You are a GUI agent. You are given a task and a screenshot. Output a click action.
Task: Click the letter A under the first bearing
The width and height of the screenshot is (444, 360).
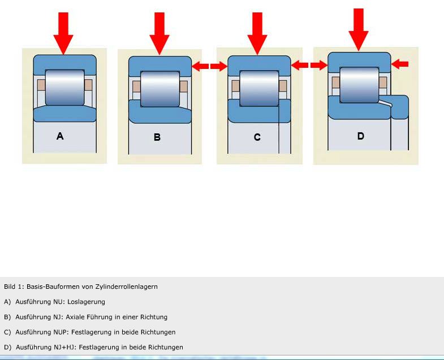pyautogui.click(x=60, y=136)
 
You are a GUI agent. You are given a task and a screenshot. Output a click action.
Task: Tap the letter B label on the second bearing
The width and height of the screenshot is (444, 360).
pyautogui.click(x=157, y=137)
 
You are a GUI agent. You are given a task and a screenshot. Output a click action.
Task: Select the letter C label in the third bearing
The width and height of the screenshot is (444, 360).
pyautogui.click(x=257, y=137)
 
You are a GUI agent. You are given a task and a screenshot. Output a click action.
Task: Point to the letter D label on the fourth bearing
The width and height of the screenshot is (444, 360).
pyautogui.click(x=360, y=136)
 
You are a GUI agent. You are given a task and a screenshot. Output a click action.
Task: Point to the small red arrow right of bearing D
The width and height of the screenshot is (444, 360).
pyautogui.click(x=400, y=64)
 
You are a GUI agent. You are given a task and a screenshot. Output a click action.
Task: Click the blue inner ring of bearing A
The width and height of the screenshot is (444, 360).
pyautogui.click(x=63, y=114)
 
